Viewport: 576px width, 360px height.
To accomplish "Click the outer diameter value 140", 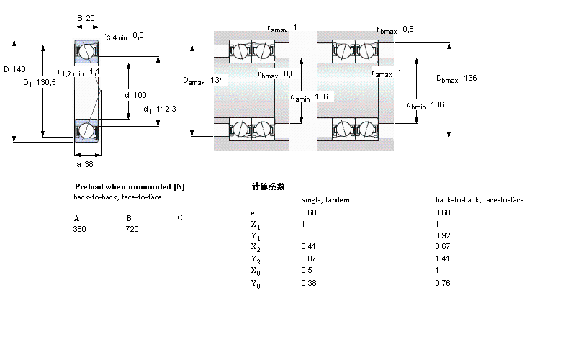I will tap(19, 69).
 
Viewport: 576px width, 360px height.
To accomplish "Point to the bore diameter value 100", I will tap(140, 95).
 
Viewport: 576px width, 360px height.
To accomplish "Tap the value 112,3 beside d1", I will tap(166, 109).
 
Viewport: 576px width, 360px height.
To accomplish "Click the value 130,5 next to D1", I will tap(47, 82).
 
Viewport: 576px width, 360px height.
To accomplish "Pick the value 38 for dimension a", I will tap(90, 163).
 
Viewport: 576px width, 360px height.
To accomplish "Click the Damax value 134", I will tap(217, 79).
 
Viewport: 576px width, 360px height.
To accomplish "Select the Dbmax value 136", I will tap(470, 78).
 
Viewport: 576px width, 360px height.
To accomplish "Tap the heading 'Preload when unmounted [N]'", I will tap(130, 186).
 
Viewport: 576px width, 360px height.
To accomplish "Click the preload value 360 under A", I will tap(79, 229).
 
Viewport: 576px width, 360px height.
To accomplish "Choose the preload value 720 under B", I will tap(132, 229).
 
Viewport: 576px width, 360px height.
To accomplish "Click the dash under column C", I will tap(178, 229).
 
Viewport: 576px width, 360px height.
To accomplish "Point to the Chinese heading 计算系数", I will tap(268, 186).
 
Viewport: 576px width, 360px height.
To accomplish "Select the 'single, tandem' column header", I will tap(325, 199).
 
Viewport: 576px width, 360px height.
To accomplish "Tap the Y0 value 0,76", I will tap(443, 284).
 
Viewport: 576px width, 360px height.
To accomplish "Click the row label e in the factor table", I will tap(252, 213).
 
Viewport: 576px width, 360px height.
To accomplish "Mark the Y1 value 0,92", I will tap(443, 235).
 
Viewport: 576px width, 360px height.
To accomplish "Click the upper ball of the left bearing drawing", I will tap(86, 52).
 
